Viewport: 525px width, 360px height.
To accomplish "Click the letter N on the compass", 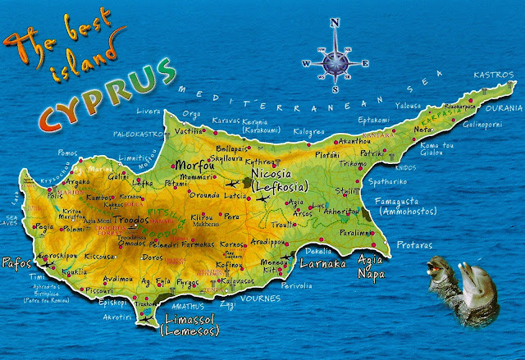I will click(335, 23).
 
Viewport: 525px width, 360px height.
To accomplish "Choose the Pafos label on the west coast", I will click(17, 264).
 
